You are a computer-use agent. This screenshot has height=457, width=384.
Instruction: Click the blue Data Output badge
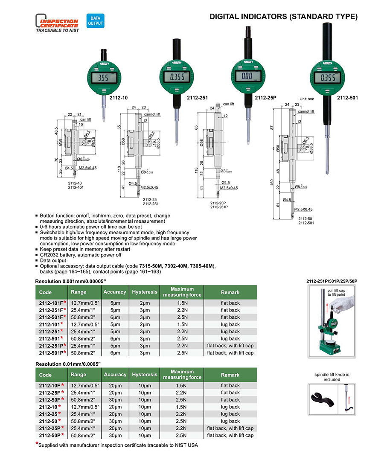95,20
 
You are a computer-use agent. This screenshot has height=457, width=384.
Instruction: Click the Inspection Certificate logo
57,24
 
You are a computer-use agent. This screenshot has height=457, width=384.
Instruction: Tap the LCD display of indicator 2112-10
103,79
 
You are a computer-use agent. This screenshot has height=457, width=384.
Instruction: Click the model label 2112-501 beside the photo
347,98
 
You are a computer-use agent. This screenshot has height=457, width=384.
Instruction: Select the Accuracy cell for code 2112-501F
115,317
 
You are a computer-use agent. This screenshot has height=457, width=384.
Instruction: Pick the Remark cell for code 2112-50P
230,435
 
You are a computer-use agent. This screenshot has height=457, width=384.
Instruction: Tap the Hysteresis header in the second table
145,375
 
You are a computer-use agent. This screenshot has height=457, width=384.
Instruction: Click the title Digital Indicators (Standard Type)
283,17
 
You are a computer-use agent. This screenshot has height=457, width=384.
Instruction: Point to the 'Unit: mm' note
306,98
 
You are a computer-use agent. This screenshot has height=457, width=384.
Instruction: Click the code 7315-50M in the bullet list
151,266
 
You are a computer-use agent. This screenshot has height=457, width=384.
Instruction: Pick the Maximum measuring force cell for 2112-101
182,324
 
